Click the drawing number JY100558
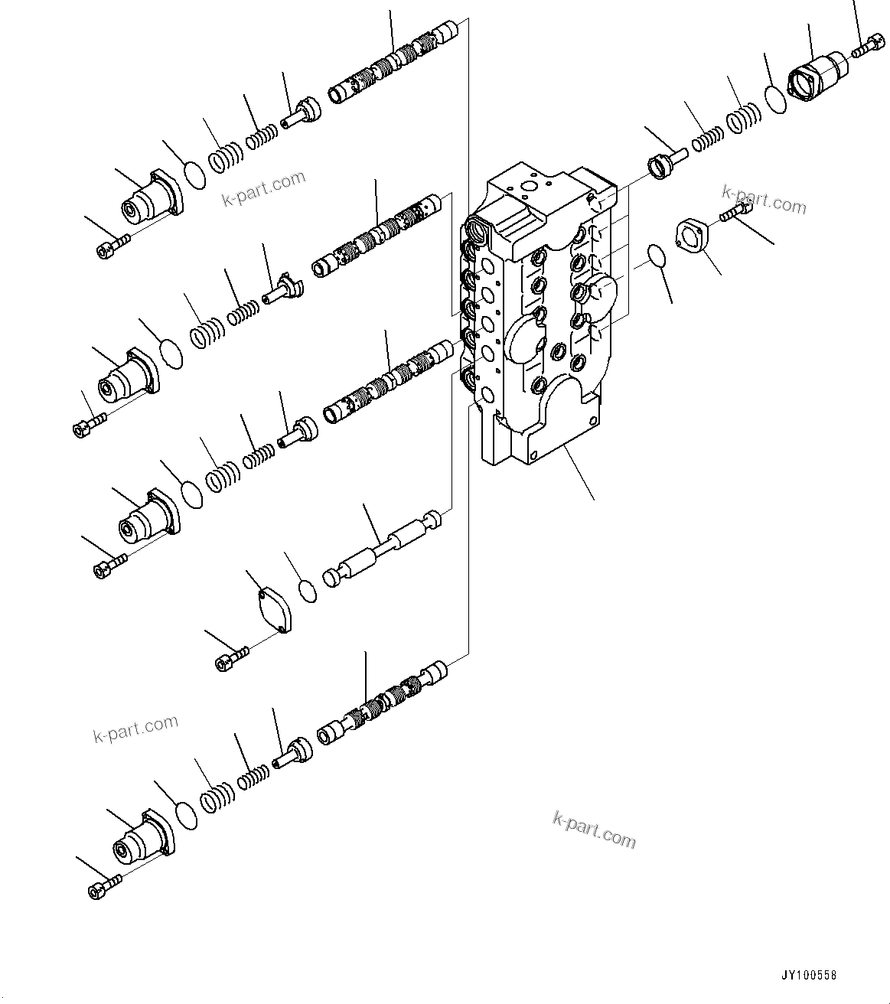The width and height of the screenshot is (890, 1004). pyautogui.click(x=809, y=976)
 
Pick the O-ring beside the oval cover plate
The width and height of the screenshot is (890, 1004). pyautogui.click(x=308, y=591)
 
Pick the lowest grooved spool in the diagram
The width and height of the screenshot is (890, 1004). pyautogui.click(x=380, y=704)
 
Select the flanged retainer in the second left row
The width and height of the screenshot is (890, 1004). pyautogui.click(x=280, y=288)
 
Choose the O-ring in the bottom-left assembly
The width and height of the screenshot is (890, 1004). pyautogui.click(x=185, y=816)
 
